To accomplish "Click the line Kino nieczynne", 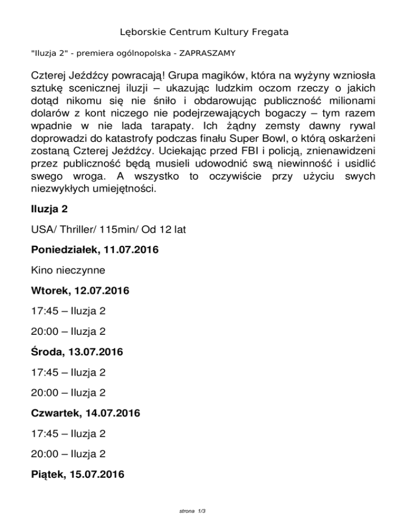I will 68,270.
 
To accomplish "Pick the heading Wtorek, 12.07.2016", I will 80,291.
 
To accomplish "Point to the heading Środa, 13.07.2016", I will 77,352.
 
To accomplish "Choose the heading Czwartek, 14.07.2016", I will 86,414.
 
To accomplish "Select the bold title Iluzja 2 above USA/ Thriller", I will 51,209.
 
